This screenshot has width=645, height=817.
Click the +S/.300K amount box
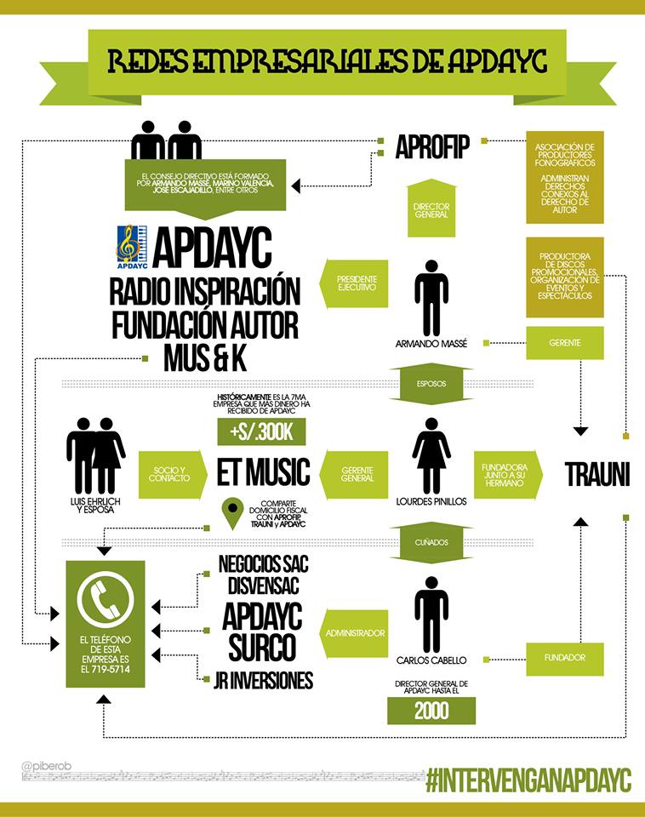(x=261, y=432)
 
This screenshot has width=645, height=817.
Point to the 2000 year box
(x=431, y=711)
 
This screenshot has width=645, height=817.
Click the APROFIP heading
(x=432, y=147)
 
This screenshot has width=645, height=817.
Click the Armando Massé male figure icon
(x=431, y=298)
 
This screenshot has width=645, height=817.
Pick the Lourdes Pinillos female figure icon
(x=431, y=458)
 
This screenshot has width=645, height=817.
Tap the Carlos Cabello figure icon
(x=431, y=614)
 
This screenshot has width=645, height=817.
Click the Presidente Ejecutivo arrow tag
(x=351, y=283)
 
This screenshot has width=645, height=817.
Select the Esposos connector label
(x=431, y=383)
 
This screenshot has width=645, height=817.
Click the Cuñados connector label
(x=431, y=541)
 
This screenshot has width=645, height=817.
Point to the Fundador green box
(x=565, y=658)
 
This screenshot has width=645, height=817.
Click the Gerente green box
(x=565, y=342)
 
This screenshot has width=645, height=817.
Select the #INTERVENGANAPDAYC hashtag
(x=528, y=779)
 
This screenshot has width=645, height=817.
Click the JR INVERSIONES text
(x=265, y=680)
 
